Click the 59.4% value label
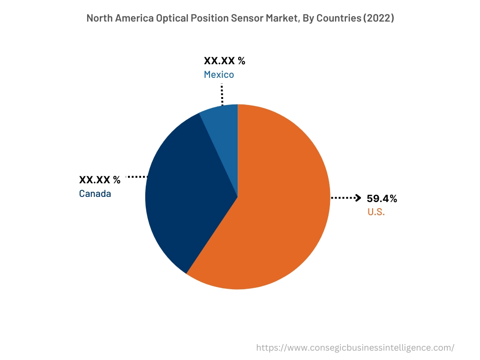click(382, 199)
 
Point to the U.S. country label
click(376, 212)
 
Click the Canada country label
click(95, 194)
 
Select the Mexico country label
click(219, 75)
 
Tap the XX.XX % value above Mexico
click(225, 61)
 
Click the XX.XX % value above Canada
click(100, 180)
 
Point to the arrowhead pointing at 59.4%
click(358, 198)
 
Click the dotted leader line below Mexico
click(222, 95)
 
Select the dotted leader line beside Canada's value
click(137, 177)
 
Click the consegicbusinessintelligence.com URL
click(355, 348)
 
